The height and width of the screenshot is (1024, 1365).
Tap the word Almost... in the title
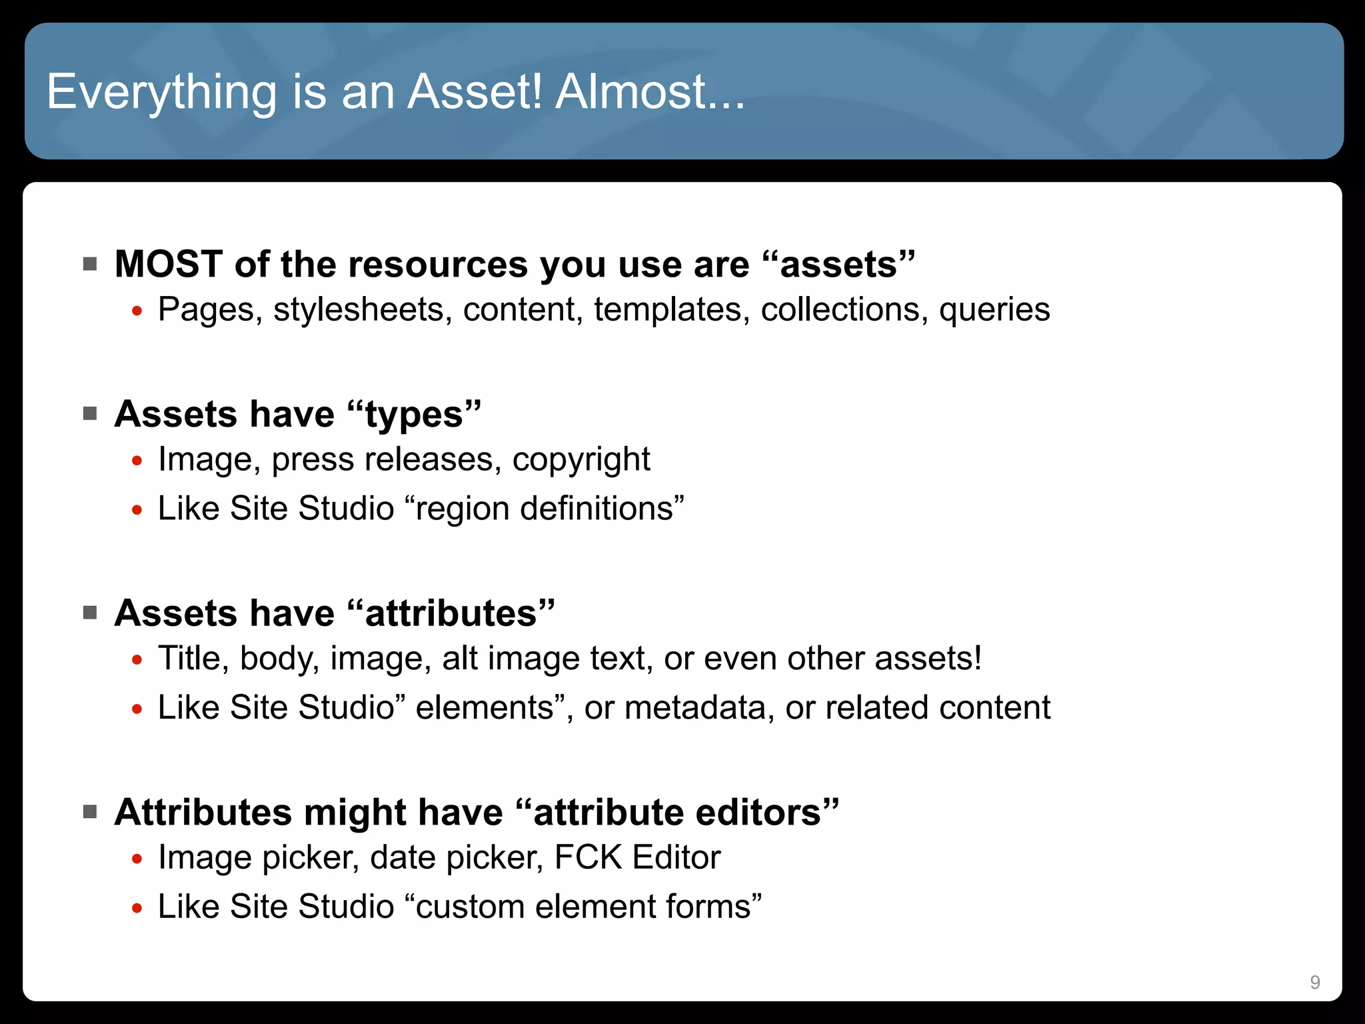tap(650, 92)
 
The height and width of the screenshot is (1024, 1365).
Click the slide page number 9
tap(1314, 982)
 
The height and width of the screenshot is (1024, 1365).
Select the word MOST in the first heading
tap(169, 264)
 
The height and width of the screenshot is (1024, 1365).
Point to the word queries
tap(994, 310)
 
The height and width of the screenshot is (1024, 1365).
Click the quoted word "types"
tap(414, 415)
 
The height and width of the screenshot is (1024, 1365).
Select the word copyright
tap(581, 460)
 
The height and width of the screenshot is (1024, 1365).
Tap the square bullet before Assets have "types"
tap(90, 414)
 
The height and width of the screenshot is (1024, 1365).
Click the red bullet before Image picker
tap(137, 859)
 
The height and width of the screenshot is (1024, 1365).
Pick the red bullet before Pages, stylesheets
tap(137, 311)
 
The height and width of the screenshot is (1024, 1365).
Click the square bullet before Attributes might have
tap(90, 812)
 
